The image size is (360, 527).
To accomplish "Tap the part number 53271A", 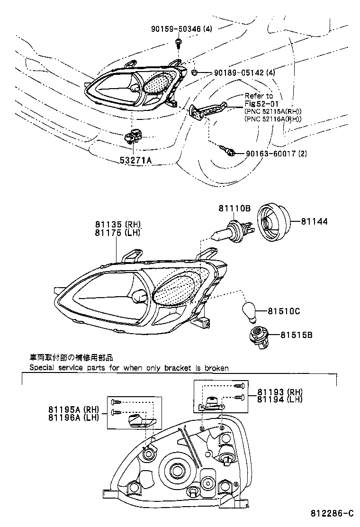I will click(135, 161).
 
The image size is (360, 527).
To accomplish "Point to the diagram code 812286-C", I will click(332, 514).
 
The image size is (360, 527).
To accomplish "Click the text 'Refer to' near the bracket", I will click(259, 96).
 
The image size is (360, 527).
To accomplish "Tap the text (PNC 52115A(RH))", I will click(273, 111).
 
